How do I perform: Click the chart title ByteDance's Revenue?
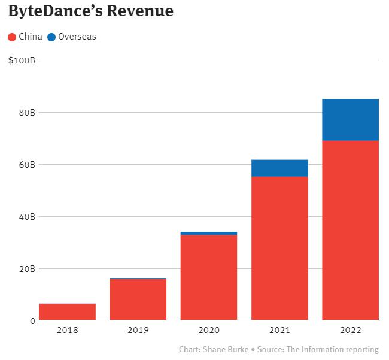90,11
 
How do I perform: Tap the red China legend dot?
12,37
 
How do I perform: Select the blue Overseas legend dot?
51,37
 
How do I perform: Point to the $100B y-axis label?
22,60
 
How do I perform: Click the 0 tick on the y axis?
32,321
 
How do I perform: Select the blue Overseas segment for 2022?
350,120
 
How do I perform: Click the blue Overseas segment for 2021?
279,168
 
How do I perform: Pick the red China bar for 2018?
67,312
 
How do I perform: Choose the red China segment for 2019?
138,300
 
